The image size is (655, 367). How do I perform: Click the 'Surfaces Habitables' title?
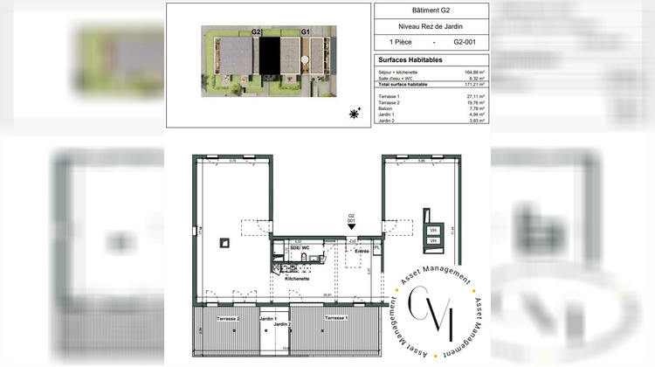pos(410,59)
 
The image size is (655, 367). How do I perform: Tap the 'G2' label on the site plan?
pos(256,31)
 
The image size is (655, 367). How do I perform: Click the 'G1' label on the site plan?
pos(306,31)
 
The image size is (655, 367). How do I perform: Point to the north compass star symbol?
pos(355,114)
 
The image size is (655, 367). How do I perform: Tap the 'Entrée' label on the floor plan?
pos(361,251)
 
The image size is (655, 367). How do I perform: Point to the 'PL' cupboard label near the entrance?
pos(376,248)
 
